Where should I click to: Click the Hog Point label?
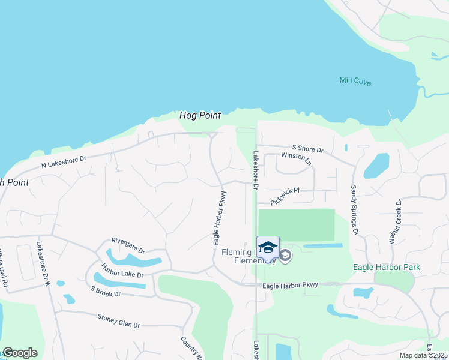pyautogui.click(x=200, y=115)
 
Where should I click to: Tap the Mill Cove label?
pyautogui.click(x=355, y=81)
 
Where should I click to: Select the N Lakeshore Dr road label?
pyautogui.click(x=64, y=161)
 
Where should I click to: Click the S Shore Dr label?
pyautogui.click(x=307, y=148)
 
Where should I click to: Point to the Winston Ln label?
pyautogui.click(x=297, y=159)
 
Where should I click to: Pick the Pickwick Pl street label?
pyautogui.click(x=285, y=196)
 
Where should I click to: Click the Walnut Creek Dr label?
pyautogui.click(x=396, y=221)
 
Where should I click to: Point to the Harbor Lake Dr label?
pyautogui.click(x=122, y=271)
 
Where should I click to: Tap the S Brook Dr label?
pyautogui.click(x=106, y=291)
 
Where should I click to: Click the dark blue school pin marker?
pyautogui.click(x=268, y=247)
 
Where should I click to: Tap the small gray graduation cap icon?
pyautogui.click(x=285, y=256)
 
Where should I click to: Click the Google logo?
pyautogui.click(x=20, y=353)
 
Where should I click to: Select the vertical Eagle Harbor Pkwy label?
pyautogui.click(x=220, y=218)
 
